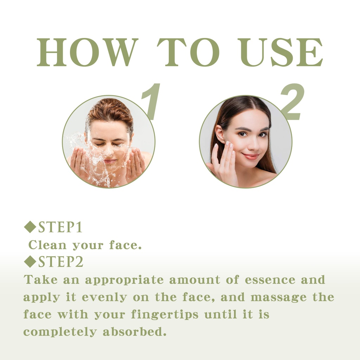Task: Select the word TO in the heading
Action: click(188, 52)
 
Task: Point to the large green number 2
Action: click(292, 102)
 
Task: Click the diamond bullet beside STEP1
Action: click(30, 227)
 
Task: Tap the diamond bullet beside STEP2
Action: click(30, 261)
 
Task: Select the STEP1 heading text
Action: click(60, 227)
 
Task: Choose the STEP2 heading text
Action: click(60, 262)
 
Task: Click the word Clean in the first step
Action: click(47, 245)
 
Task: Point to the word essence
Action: click(270, 279)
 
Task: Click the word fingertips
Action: click(165, 315)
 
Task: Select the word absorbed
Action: click(134, 332)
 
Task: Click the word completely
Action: click(60, 332)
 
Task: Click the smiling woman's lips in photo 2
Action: click(250, 156)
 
